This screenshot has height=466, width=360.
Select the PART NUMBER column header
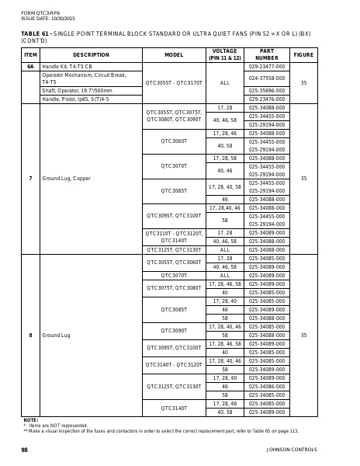[x=266, y=55]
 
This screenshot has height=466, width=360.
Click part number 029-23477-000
[x=266, y=67]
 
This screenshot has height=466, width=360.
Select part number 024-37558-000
[x=266, y=78]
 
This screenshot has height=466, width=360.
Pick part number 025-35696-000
[x=266, y=91]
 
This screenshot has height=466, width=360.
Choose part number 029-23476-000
[x=266, y=99]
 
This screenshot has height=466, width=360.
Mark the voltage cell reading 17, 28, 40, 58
[x=224, y=187]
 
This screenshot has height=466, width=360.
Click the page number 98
[x=24, y=450]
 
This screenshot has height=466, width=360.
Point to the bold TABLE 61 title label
[x=35, y=34]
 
